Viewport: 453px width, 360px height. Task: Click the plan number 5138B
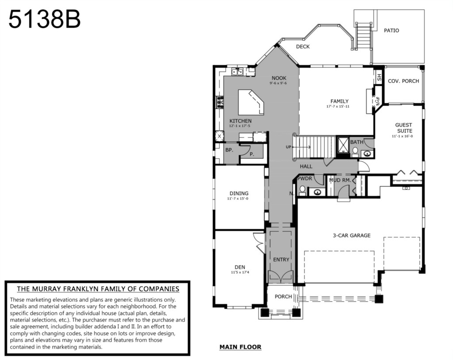(x=45, y=19)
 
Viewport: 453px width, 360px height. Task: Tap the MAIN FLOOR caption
(x=240, y=347)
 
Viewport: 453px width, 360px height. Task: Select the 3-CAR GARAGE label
(x=352, y=235)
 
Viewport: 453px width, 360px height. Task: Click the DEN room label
(x=240, y=267)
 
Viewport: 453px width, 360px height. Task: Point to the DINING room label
(x=239, y=193)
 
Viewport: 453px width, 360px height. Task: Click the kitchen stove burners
(x=220, y=102)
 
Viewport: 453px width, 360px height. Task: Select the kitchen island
(x=251, y=102)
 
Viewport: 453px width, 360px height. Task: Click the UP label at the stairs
(x=288, y=147)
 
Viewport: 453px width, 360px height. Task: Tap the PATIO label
(x=392, y=31)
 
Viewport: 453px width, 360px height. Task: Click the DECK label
(x=303, y=46)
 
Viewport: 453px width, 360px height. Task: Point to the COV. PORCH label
(x=403, y=81)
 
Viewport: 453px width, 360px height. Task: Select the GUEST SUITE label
(x=403, y=128)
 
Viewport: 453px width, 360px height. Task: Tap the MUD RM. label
(x=340, y=180)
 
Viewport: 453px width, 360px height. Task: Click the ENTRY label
(x=281, y=260)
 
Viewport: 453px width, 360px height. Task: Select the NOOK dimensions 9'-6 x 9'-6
(x=278, y=83)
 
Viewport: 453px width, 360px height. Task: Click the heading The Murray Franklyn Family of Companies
(x=98, y=289)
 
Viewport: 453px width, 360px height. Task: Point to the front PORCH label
(x=283, y=297)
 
